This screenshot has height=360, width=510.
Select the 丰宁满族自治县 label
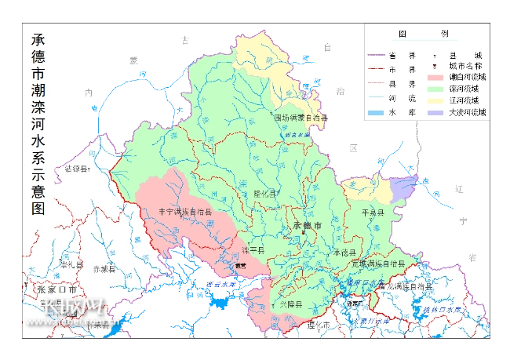[x=185, y=211]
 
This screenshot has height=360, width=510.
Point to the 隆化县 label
[x=266, y=193]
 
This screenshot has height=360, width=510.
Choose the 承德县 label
[x=344, y=253]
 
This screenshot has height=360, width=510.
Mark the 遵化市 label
[x=319, y=324]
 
